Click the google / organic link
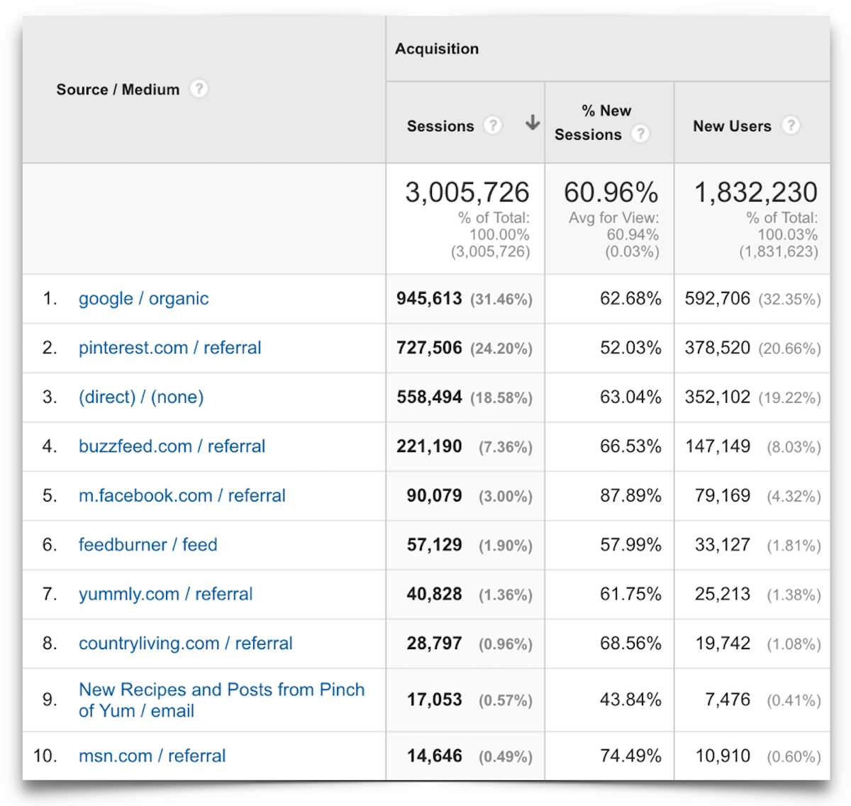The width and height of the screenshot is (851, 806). click(x=143, y=299)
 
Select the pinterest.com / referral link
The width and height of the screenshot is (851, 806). click(x=169, y=348)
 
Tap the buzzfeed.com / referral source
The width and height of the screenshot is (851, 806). click(x=172, y=446)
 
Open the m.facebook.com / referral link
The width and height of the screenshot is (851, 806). click(x=182, y=495)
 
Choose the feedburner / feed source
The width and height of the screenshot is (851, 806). click(x=148, y=545)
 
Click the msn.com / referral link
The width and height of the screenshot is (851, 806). click(x=152, y=756)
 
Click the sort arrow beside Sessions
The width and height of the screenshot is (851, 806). click(x=533, y=123)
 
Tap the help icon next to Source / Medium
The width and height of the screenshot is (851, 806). click(x=199, y=89)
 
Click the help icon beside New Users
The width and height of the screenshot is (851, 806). click(x=790, y=126)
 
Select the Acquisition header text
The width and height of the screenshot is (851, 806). click(x=437, y=49)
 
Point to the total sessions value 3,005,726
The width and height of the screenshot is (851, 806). click(x=467, y=192)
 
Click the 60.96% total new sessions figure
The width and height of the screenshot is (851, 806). click(x=611, y=192)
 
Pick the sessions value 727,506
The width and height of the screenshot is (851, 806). click(x=429, y=348)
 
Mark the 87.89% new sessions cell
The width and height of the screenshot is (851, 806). click(x=630, y=495)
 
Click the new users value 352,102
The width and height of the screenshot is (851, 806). click(x=717, y=397)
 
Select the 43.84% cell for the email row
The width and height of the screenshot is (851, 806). click(x=630, y=700)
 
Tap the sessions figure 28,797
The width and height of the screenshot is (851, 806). click(x=434, y=644)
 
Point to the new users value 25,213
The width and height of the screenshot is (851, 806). click(x=722, y=594)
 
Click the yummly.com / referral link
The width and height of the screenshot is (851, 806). click(x=165, y=594)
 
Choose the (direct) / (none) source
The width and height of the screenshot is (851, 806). click(x=141, y=397)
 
